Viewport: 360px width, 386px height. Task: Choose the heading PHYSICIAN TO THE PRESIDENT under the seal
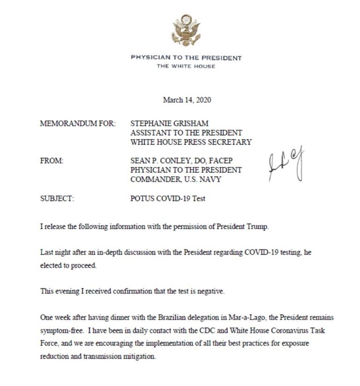(x=186, y=58)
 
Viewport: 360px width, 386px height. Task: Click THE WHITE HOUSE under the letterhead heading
(x=186, y=67)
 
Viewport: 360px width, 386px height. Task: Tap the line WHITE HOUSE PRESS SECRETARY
(x=191, y=142)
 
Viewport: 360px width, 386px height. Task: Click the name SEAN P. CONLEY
(x=161, y=161)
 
